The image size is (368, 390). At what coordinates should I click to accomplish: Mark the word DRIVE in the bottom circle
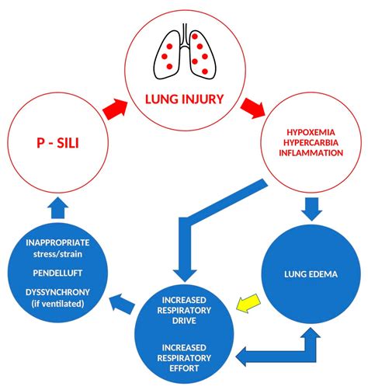point(183,321)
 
